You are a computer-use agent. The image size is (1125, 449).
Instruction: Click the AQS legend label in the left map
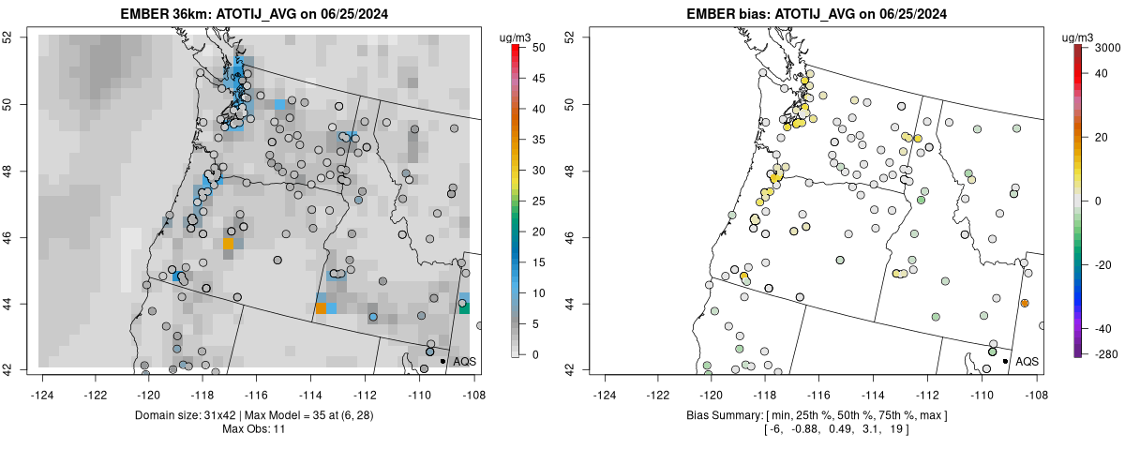pos(464,361)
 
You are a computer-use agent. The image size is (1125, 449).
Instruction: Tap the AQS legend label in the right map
pos(1027,361)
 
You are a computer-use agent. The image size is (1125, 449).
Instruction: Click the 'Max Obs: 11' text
pos(254,428)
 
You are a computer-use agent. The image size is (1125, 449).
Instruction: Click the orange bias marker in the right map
pos(1025,303)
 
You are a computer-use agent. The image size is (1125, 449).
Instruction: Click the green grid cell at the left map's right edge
pos(464,308)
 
